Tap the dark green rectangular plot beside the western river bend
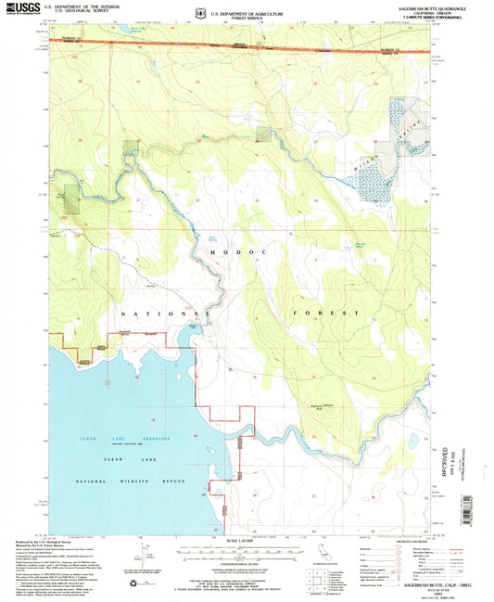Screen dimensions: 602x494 click(x=129, y=149)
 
